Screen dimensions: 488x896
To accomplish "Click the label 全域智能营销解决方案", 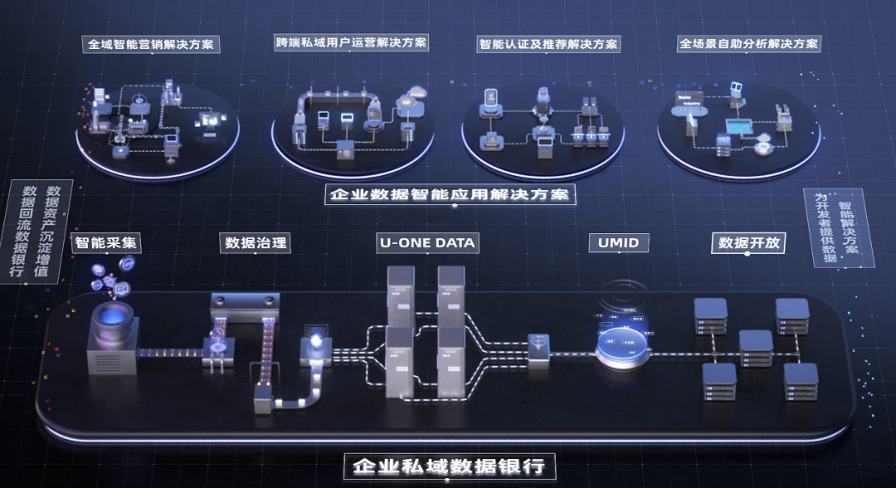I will (x=153, y=44).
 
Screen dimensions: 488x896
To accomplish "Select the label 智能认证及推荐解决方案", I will (x=548, y=43).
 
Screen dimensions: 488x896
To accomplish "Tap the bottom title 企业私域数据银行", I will (x=449, y=466).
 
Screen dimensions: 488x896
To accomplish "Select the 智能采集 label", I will (x=107, y=242).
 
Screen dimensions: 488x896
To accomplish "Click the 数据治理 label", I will (x=256, y=242).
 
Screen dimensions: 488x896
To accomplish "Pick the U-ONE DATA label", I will (x=427, y=242).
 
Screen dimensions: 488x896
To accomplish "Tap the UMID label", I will (x=618, y=242).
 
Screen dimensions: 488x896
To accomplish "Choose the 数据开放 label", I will (x=747, y=242).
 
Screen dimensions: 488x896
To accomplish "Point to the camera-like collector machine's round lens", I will (x=112, y=316).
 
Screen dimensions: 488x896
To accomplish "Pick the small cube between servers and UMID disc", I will (x=539, y=346).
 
